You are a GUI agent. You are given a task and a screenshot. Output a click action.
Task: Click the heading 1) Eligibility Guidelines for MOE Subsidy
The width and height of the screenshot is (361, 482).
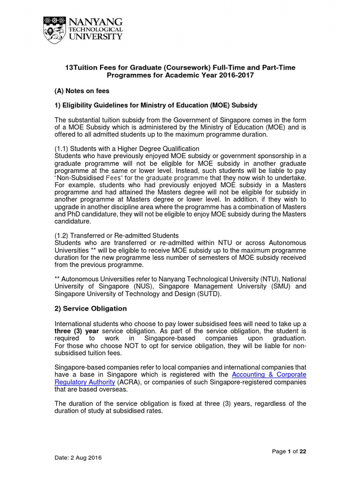(x=156, y=104)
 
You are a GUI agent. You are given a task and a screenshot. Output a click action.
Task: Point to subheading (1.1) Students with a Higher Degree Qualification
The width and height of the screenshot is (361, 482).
(x=120, y=149)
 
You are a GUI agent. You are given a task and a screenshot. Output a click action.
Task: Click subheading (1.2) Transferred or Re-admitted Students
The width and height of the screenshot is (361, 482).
(x=117, y=235)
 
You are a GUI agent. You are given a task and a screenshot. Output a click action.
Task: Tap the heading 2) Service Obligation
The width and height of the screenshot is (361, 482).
(x=91, y=309)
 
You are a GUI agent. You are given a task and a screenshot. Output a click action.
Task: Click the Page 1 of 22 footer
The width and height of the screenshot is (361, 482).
(x=289, y=451)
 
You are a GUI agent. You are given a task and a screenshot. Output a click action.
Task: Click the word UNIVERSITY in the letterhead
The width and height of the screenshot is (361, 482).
(x=96, y=37)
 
